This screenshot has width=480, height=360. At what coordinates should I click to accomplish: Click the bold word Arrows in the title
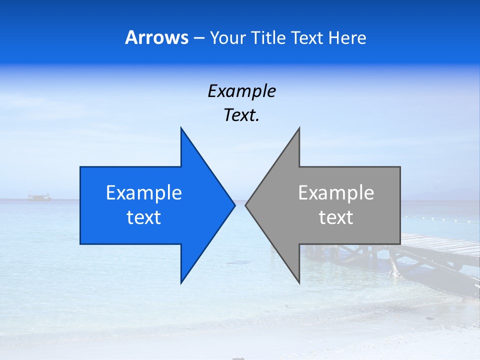click(x=156, y=37)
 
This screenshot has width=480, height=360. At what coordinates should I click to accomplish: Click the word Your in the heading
click(x=228, y=38)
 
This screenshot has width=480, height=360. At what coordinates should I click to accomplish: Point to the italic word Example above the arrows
click(x=241, y=91)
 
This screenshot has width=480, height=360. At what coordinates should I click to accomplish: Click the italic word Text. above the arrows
click(x=241, y=115)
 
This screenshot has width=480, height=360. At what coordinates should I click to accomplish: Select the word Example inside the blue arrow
click(x=144, y=193)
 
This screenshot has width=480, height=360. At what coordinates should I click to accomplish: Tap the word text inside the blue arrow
click(x=144, y=217)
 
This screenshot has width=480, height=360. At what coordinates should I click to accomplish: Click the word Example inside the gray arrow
click(x=336, y=193)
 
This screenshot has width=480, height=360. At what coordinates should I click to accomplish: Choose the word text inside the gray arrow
click(x=336, y=217)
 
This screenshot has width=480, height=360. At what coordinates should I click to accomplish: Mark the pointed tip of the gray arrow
click(x=246, y=205)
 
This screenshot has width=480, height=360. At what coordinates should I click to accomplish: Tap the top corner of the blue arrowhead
click(x=181, y=128)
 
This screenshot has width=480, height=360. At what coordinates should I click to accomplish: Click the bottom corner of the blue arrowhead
click(x=181, y=282)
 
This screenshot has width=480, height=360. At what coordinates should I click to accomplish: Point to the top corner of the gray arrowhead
click(x=299, y=128)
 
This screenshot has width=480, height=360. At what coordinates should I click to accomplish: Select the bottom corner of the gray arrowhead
click(x=299, y=282)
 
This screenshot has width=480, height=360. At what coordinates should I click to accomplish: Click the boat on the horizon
click(x=39, y=197)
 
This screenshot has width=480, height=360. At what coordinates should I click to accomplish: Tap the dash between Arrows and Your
click(x=198, y=38)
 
